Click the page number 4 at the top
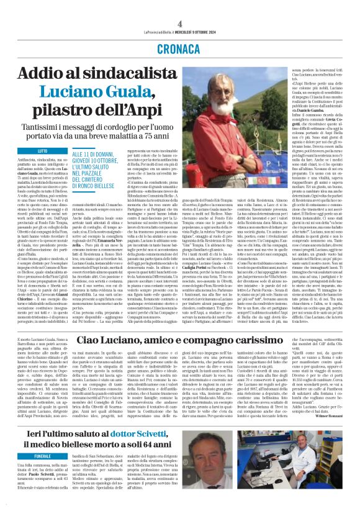(x=179, y=6)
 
